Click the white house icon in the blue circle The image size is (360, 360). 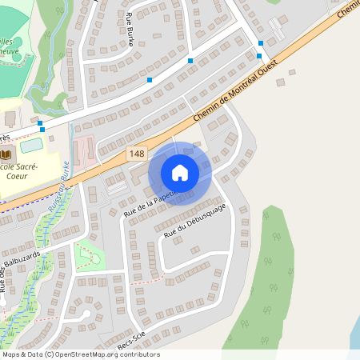[x=180, y=172]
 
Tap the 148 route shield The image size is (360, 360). [x=134, y=152]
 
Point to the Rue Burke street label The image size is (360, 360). [x=130, y=29]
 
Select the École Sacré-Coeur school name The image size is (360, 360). [x=16, y=170]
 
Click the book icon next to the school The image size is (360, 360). [x=6, y=154]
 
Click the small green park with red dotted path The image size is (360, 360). [x=90, y=256]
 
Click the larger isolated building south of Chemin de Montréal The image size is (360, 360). [x=138, y=172]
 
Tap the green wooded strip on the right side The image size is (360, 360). [x=268, y=280]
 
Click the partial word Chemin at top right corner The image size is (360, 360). [x=348, y=9]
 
